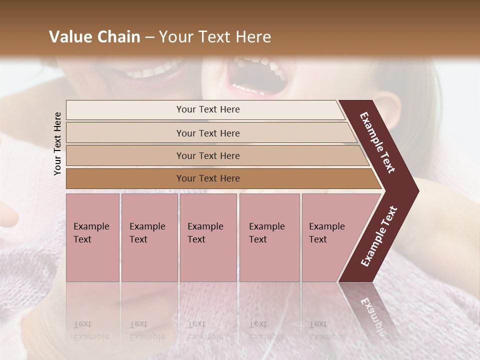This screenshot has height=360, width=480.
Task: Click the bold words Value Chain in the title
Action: click(94, 37)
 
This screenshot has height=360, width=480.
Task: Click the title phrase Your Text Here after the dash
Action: click(215, 37)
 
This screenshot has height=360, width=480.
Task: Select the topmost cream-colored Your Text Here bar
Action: click(208, 109)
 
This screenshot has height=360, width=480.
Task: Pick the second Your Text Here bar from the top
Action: click(208, 133)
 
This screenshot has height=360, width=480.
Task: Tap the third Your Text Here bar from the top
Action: click(208, 155)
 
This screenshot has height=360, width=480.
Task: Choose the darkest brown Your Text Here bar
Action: click(208, 178)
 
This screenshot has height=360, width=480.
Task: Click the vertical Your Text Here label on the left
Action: click(57, 143)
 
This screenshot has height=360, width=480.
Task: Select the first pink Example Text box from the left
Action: click(92, 237)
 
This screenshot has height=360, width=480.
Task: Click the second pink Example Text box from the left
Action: click(149, 237)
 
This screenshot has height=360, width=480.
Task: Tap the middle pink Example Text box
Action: click(208, 237)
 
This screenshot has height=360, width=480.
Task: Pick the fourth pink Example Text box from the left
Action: click(269, 237)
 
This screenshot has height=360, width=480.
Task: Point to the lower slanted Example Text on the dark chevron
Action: click(379, 236)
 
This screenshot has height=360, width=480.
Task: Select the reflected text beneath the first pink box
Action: click(91, 330)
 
